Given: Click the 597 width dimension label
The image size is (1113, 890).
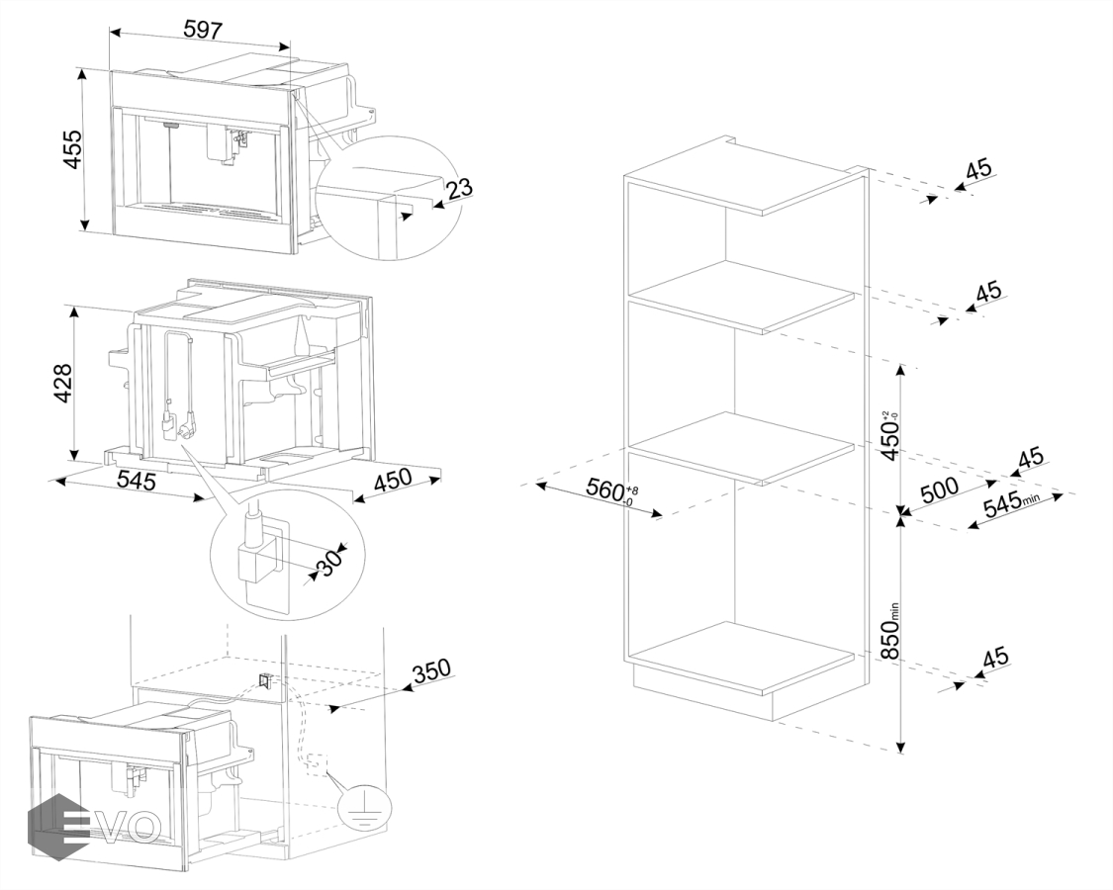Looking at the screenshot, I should (x=202, y=30).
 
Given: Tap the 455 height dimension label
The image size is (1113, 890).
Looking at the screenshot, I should (x=72, y=148).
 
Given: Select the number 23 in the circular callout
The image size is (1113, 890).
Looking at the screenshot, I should (x=459, y=188).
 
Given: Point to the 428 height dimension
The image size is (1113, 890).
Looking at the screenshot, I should (x=61, y=386).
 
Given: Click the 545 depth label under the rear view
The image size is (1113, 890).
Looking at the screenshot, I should (x=136, y=482).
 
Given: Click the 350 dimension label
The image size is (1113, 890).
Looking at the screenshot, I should (x=431, y=671).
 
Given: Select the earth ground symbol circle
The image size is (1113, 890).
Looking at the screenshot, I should (x=357, y=809).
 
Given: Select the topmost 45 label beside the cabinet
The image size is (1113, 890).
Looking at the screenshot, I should (x=977, y=169).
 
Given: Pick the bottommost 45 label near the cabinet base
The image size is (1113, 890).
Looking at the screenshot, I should (x=994, y=657).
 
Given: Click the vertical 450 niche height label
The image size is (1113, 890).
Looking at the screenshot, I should (x=890, y=435).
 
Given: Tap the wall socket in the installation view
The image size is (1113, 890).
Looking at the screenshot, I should (x=264, y=680).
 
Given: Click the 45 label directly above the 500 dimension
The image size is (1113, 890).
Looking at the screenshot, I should (x=1030, y=458).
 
